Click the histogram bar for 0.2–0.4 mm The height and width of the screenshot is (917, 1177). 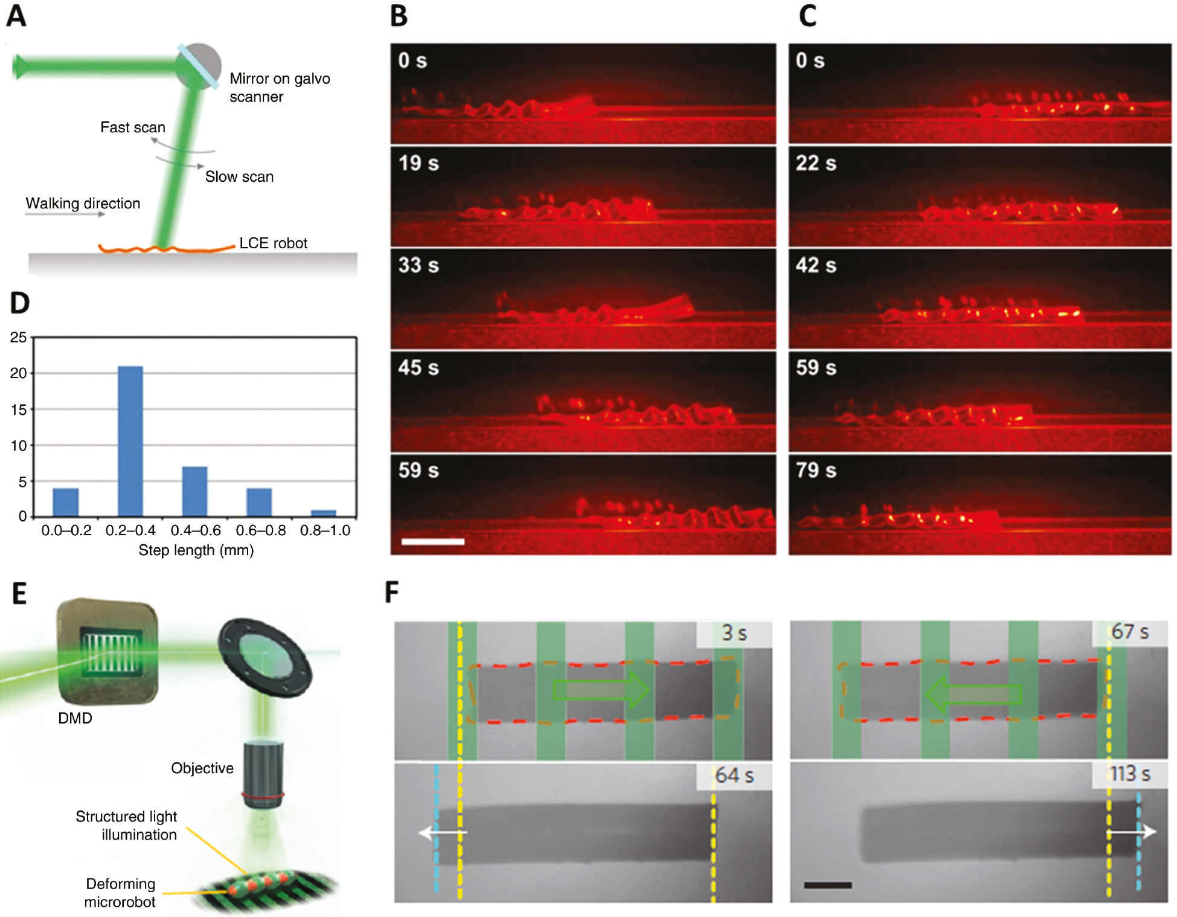[x=130, y=441]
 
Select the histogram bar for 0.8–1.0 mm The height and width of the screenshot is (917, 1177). [x=324, y=513]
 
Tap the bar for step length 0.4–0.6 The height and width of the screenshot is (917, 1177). [x=194, y=491]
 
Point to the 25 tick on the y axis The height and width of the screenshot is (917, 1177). [x=19, y=337]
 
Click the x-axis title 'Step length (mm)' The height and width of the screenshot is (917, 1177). [x=196, y=550]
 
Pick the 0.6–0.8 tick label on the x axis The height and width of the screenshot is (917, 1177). [x=260, y=530]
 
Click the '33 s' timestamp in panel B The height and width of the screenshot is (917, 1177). [x=418, y=265]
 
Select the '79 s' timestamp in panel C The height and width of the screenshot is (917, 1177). [x=816, y=470]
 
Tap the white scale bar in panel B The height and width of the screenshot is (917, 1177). [x=432, y=541]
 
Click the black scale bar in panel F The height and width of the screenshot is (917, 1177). [x=827, y=885]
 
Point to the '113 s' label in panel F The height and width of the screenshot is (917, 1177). [x=1130, y=774]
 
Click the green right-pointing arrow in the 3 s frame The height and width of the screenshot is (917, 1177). [x=601, y=690]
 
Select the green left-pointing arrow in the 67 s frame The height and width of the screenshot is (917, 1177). [x=973, y=694]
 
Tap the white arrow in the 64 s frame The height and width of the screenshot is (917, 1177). [x=442, y=833]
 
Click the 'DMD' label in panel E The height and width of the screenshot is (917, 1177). [x=75, y=718]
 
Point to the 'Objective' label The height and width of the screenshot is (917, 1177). [x=202, y=768]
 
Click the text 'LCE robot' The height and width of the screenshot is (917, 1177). [x=273, y=243]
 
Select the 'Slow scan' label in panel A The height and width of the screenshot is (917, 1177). [x=239, y=176]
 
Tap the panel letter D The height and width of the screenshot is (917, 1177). [x=20, y=303]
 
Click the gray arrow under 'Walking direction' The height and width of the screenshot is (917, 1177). [x=65, y=214]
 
